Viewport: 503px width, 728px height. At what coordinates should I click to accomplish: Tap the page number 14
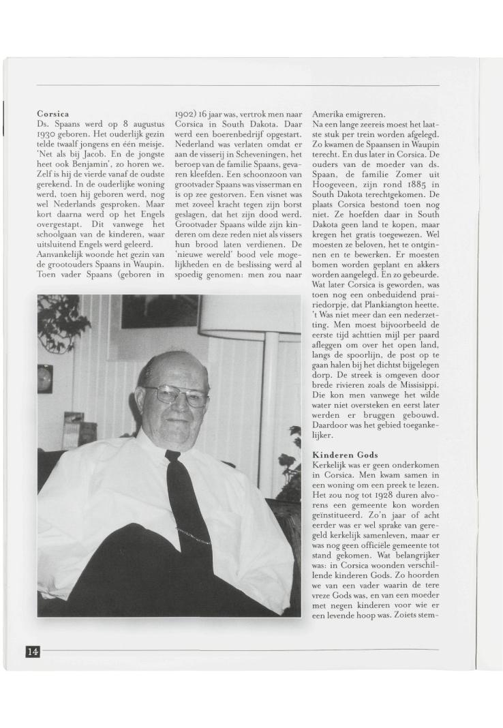[x=32, y=652]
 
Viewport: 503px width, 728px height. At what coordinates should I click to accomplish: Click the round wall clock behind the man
[x=46, y=378]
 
